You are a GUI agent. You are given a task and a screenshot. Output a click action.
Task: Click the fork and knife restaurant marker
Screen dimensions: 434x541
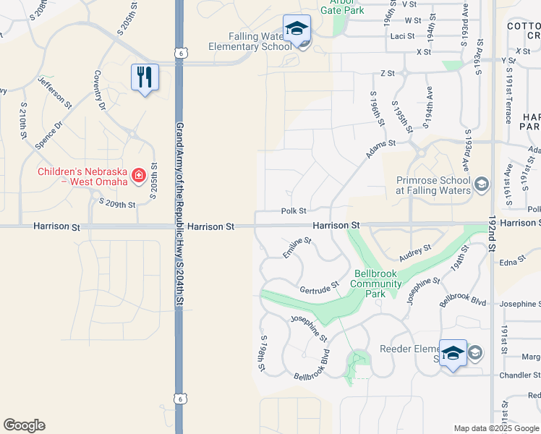pos(145,77)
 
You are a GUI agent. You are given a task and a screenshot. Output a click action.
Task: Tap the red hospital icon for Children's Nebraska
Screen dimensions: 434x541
pos(135,174)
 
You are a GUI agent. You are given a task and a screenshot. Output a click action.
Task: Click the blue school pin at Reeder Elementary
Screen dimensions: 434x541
pos(453,354)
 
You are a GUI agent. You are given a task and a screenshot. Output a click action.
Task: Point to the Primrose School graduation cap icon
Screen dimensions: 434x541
pos(480,185)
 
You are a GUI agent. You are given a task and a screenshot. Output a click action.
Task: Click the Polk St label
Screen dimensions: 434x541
pos(294,210)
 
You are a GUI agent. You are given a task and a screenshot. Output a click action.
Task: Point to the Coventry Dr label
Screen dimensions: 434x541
pos(100,90)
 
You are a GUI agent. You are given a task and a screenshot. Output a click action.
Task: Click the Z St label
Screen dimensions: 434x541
pos(388,74)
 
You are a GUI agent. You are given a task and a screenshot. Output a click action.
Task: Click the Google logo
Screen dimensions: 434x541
pos(24,425)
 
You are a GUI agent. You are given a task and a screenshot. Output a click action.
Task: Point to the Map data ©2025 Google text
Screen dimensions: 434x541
pos(496,428)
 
